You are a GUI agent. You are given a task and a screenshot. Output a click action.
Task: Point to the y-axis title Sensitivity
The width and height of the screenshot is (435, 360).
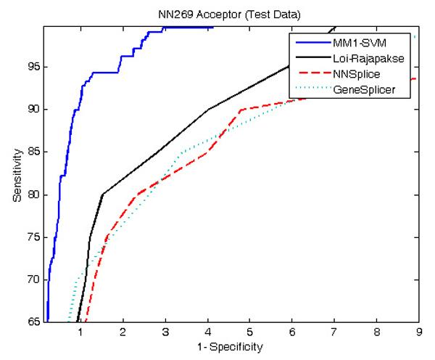[16, 174]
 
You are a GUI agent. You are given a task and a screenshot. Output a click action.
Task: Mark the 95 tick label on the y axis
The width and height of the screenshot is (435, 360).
[33, 67]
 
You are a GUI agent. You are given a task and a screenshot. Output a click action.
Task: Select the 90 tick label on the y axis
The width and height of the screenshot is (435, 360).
[33, 110]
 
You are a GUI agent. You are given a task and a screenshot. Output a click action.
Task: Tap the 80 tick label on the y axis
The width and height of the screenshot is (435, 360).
[33, 195]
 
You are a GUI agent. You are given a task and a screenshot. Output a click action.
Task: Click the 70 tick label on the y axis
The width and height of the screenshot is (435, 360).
[33, 279]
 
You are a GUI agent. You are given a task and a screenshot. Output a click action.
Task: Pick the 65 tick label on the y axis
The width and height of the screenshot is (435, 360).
[33, 322]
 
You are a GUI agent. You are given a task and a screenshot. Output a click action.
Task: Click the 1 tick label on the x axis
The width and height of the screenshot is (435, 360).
[80, 332]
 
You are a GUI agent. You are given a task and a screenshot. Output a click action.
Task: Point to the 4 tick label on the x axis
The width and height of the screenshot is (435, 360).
[207, 332]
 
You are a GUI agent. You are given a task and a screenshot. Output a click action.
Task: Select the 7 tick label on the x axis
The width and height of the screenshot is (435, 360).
[335, 332]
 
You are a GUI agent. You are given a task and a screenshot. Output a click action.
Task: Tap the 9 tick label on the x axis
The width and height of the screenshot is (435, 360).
[420, 332]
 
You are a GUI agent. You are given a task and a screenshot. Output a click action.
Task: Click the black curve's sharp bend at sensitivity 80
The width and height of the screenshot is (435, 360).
[102, 194]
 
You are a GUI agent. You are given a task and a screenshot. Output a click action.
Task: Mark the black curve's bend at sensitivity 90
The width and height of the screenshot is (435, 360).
[208, 109]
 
